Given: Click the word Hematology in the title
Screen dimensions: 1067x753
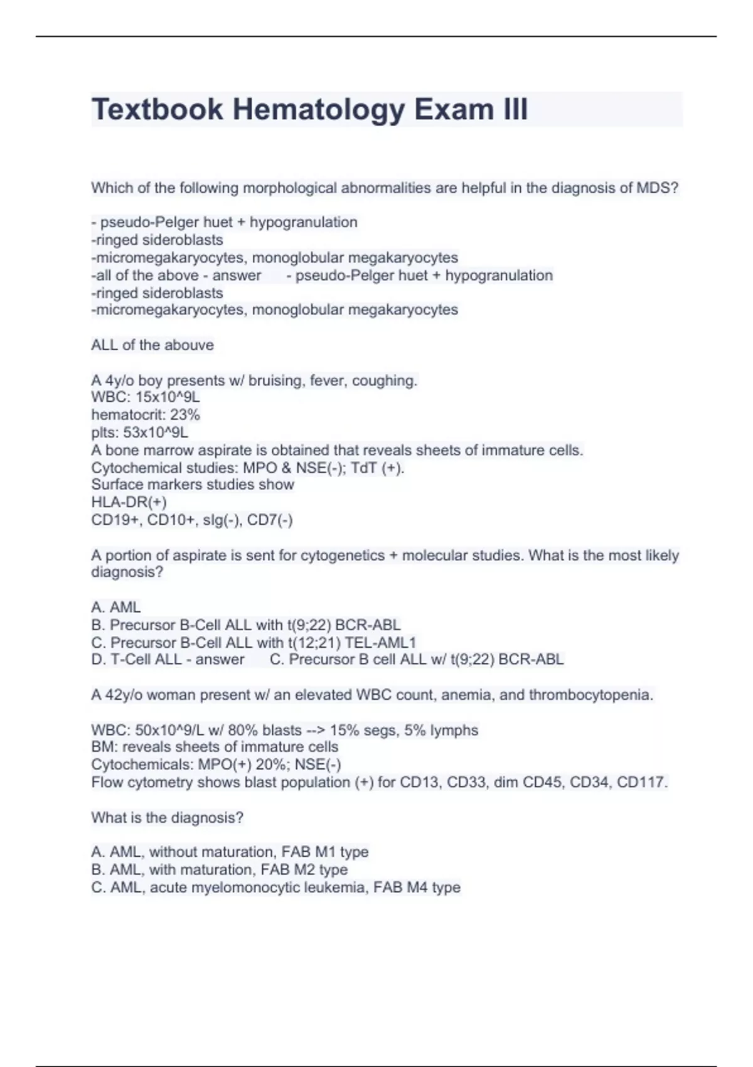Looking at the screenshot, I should tap(319, 109).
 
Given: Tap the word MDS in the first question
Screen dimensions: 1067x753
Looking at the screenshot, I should tap(657, 188).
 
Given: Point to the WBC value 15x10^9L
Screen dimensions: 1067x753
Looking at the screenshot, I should tap(168, 397).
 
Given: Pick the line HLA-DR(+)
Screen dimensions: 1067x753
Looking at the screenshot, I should tap(129, 502).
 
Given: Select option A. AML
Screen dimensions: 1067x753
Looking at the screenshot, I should tap(116, 607).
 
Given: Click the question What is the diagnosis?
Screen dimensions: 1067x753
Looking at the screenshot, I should tap(167, 817).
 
